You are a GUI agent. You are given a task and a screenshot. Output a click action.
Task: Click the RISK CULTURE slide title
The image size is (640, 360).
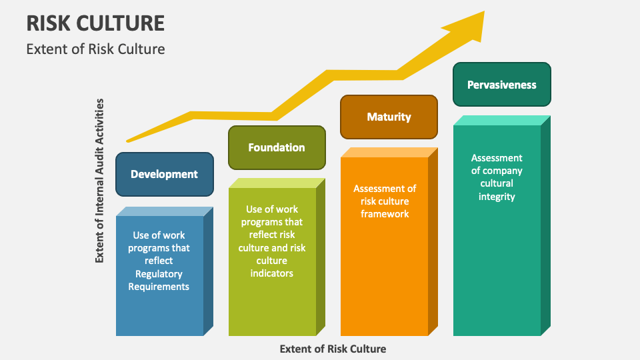[95, 23]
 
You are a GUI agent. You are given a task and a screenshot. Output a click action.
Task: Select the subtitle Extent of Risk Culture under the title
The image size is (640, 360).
[95, 49]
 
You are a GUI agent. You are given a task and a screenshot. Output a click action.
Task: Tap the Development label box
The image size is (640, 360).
[164, 174]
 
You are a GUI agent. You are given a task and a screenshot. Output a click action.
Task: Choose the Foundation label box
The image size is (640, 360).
[277, 147]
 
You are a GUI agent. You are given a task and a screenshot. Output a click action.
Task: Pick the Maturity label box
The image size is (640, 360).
[389, 117]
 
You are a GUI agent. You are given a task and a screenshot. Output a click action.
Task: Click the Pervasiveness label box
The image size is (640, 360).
[501, 85]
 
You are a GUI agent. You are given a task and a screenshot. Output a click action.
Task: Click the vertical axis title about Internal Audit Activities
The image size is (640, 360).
[100, 180]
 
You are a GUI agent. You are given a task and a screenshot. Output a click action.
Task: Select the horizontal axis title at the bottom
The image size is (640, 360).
[333, 349]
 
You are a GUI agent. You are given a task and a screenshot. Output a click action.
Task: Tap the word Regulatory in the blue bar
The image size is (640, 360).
[159, 274]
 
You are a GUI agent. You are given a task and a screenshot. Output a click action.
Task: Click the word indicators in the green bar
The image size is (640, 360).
[271, 273]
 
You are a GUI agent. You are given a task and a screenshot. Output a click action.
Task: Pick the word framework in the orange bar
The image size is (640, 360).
[385, 214]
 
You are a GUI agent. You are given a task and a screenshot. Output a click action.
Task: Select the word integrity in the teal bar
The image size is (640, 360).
[497, 197]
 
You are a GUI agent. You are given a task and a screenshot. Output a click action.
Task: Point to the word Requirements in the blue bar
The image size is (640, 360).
[159, 287]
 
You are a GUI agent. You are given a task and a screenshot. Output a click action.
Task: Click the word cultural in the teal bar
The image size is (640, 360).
[497, 183]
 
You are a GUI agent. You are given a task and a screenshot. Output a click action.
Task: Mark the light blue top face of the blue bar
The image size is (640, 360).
[164, 211]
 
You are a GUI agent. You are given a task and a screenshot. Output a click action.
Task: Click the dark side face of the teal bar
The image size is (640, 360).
[545, 227]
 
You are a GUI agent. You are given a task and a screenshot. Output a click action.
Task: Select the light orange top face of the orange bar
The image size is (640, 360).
[389, 152]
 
